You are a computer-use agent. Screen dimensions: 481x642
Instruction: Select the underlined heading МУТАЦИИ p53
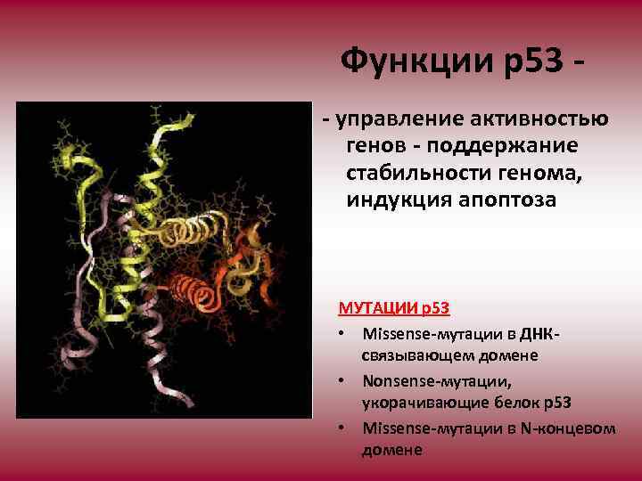coord(393,309)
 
